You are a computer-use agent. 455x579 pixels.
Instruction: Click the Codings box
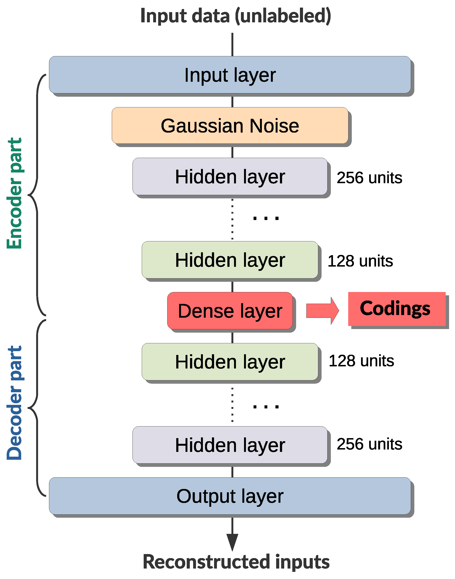(x=396, y=309)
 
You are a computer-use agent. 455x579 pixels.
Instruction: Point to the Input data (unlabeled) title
(x=235, y=16)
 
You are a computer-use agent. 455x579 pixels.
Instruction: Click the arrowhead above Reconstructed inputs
(x=232, y=541)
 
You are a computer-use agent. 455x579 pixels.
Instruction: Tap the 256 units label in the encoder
(x=369, y=177)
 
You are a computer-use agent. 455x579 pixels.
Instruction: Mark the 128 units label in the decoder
(x=361, y=361)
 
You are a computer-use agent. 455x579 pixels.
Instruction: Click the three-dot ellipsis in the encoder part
(x=266, y=218)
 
